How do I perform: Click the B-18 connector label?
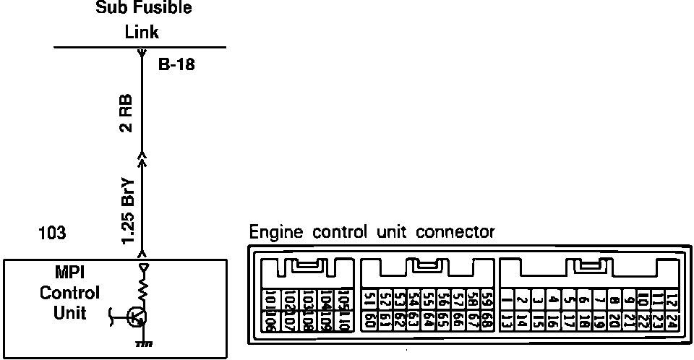pyautogui.click(x=176, y=65)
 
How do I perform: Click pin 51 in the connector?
pyautogui.click(x=369, y=298)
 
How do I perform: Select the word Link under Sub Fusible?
pyautogui.click(x=141, y=32)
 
